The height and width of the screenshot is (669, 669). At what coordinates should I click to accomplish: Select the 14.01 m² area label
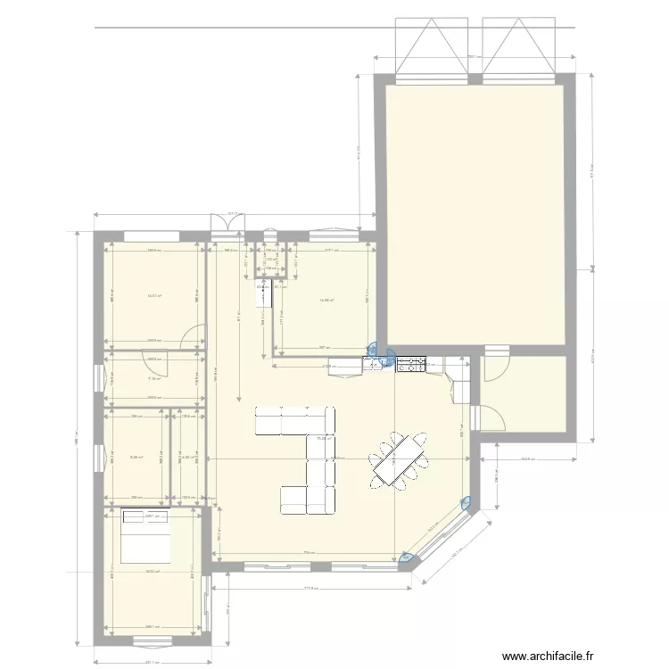[x=154, y=296]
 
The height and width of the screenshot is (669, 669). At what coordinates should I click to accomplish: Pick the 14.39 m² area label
[x=326, y=300]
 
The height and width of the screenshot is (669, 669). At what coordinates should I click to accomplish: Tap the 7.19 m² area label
[x=153, y=378]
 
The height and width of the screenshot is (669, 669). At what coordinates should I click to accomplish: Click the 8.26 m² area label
[x=136, y=458]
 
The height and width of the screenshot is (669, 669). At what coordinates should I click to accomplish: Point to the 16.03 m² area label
[x=154, y=572]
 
